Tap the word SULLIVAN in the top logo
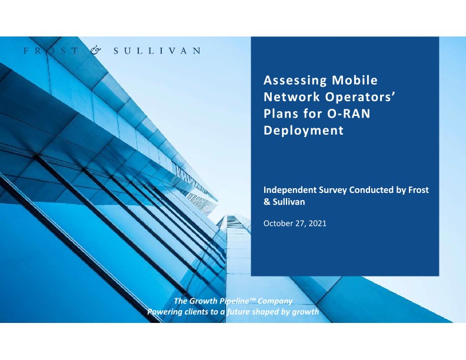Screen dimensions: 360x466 point(157,51)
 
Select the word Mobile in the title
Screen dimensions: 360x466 point(355,79)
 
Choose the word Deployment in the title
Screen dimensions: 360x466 point(303,131)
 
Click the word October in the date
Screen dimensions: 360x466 point(278,224)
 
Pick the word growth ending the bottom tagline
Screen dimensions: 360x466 point(304,311)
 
